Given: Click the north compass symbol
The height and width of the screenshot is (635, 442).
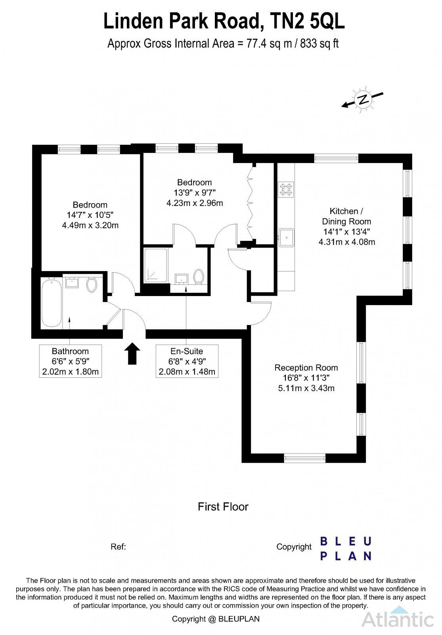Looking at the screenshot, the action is (362, 100).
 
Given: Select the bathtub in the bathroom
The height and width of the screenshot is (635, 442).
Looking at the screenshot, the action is (52, 302).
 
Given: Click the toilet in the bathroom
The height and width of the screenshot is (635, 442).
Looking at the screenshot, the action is (92, 285).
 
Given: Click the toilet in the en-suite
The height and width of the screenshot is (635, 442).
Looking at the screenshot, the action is (199, 276).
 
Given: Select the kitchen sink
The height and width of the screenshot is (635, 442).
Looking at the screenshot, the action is (286, 237).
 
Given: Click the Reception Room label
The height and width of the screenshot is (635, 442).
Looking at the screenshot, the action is (306, 368).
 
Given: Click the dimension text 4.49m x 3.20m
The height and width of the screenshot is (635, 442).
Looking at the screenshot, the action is (90, 225).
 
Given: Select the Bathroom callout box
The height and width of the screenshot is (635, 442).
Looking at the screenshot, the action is (71, 361).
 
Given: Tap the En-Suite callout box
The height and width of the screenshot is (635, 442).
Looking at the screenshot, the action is (187, 361).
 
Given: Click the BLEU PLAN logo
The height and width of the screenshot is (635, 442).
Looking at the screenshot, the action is (345, 548).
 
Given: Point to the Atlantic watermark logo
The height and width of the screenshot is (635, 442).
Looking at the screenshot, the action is (398, 618).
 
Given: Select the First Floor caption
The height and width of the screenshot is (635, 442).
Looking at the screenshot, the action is (223, 507).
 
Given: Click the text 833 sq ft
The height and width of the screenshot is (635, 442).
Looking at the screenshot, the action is (319, 43).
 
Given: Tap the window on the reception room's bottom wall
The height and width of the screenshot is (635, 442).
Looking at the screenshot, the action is (305, 458).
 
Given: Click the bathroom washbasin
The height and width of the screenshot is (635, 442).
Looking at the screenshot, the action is (73, 283).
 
